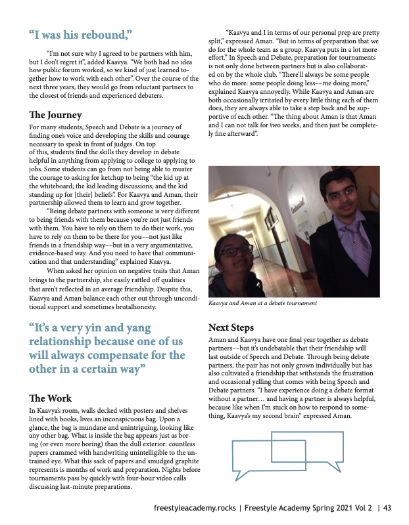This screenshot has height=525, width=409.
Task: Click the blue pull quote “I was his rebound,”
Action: [81, 33]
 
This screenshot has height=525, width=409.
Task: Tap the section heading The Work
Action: [51, 398]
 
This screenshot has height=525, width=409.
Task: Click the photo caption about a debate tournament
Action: [262, 303]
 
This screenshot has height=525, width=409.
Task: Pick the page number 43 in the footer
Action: [387, 507]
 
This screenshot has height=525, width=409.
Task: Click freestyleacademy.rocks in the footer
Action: [195, 507]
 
